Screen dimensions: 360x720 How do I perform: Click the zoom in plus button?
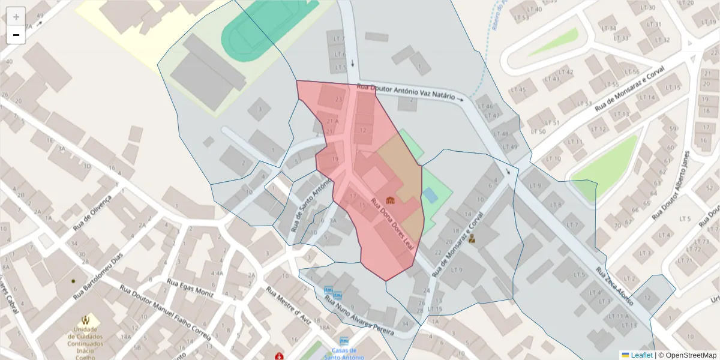tap(16, 16)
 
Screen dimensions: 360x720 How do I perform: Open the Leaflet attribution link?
tap(641, 355)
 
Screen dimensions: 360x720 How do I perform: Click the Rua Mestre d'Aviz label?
tap(290, 305)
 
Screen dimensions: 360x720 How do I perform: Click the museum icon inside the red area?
tap(390, 200)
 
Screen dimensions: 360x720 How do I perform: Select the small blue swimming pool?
tap(430, 195)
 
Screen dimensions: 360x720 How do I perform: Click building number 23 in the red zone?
tap(339, 100)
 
